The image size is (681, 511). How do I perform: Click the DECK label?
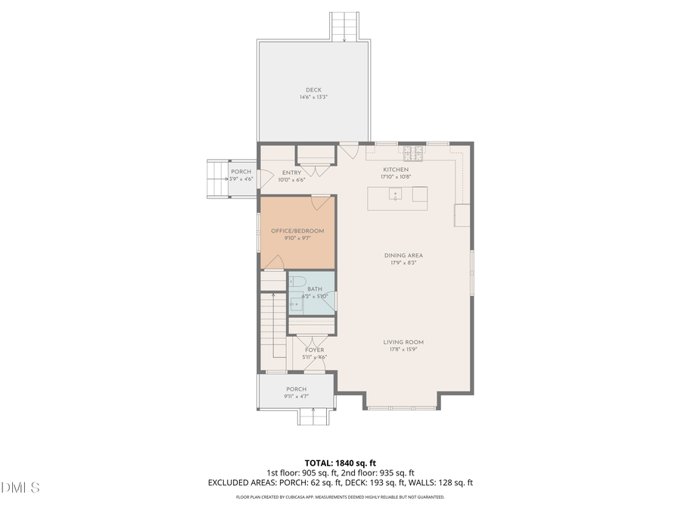[313, 90]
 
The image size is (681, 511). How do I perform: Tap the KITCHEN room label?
[396, 170]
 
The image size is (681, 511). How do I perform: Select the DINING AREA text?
[403, 256]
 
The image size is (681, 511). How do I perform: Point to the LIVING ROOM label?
[403, 342]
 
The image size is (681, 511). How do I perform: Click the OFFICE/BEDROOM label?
[297, 231]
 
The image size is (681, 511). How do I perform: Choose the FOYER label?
[314, 351]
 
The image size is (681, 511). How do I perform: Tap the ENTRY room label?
[291, 173]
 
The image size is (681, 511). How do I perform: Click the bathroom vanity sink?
[296, 305]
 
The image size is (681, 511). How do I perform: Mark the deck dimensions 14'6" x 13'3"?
[313, 98]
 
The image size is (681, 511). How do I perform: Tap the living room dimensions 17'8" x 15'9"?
[403, 350]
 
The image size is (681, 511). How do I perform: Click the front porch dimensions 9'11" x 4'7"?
[296, 396]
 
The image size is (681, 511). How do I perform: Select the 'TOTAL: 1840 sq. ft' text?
[340, 462]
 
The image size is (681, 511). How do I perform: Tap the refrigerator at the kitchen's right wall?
[462, 215]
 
